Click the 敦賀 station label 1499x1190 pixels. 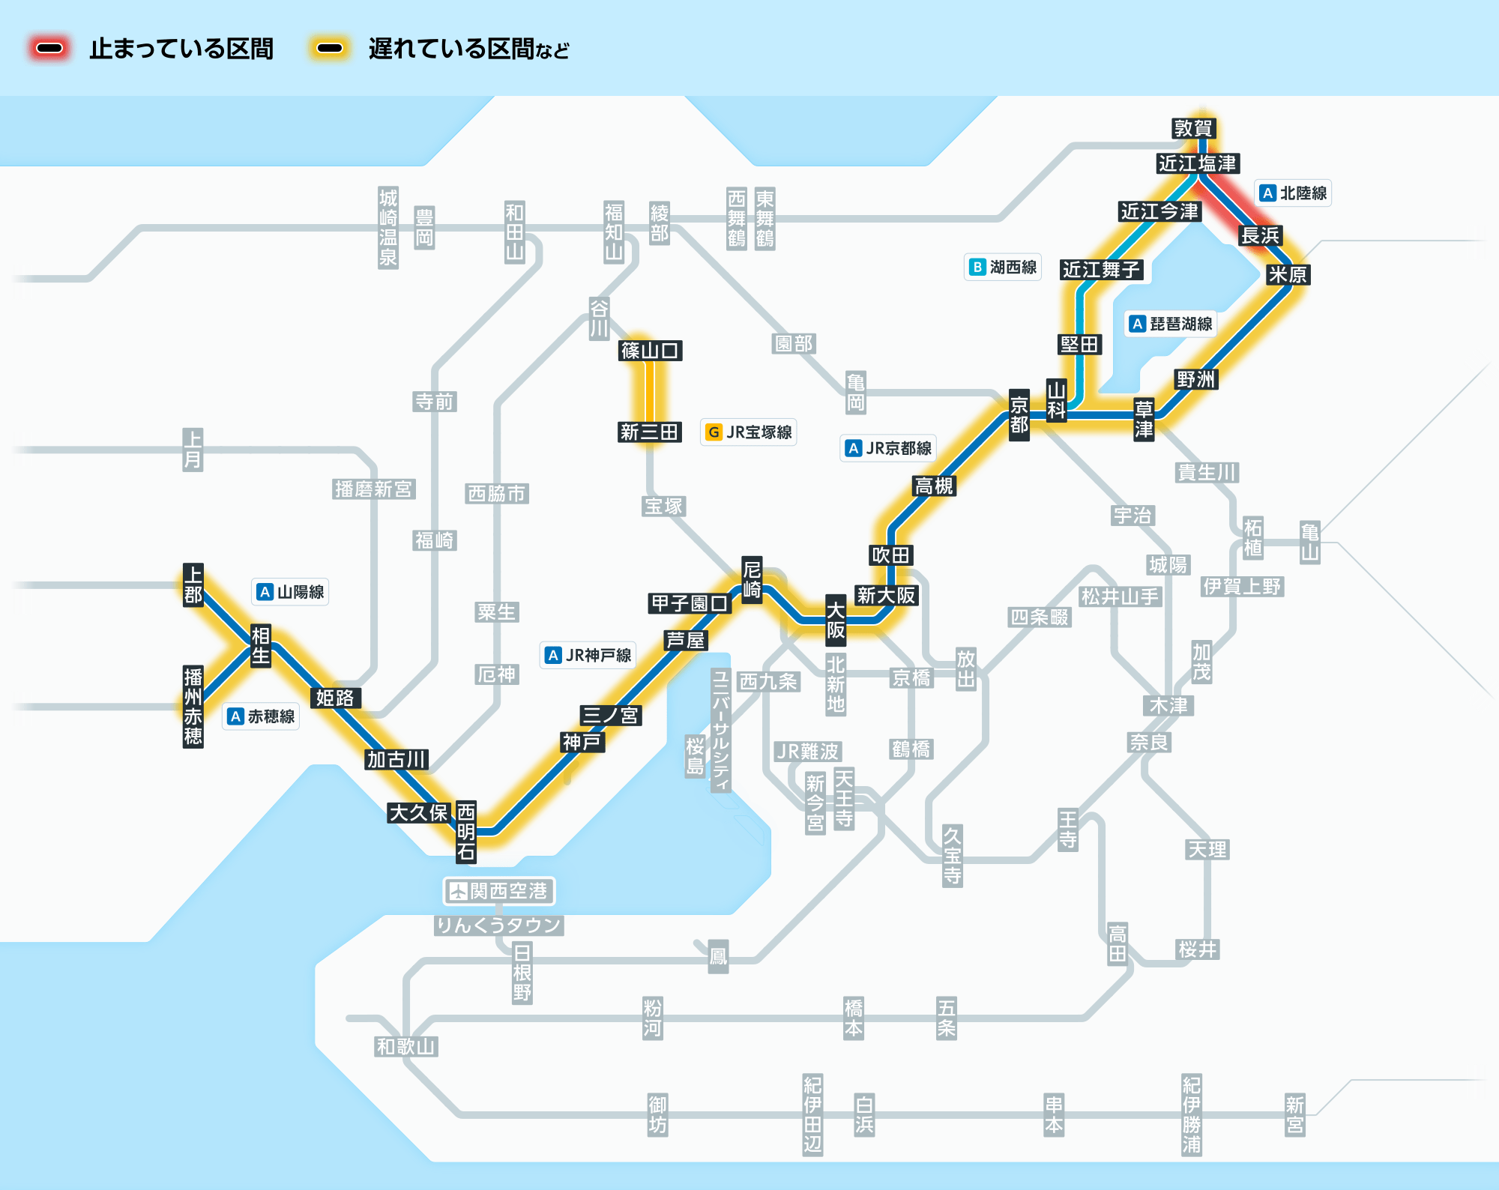point(1193,128)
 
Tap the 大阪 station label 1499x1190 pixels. point(836,620)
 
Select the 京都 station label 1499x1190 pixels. point(1019,415)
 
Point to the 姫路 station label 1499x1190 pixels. point(334,698)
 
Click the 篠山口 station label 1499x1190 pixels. point(650,350)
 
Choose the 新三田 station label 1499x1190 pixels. point(649,432)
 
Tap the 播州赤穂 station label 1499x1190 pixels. point(193,707)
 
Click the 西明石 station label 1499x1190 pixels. point(466,831)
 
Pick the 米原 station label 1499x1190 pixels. point(1287,274)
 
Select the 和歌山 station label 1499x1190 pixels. point(406,1046)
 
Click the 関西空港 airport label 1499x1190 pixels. point(499,891)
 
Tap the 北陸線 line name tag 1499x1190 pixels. point(1294,193)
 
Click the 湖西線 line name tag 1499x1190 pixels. point(1003,267)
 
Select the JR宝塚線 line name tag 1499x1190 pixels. point(749,432)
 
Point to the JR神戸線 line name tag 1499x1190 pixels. point(588,655)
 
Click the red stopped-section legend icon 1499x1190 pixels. point(49,49)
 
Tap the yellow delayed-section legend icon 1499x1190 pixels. point(330,49)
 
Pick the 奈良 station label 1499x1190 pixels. point(1149,742)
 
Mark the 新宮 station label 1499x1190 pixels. point(1294,1114)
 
